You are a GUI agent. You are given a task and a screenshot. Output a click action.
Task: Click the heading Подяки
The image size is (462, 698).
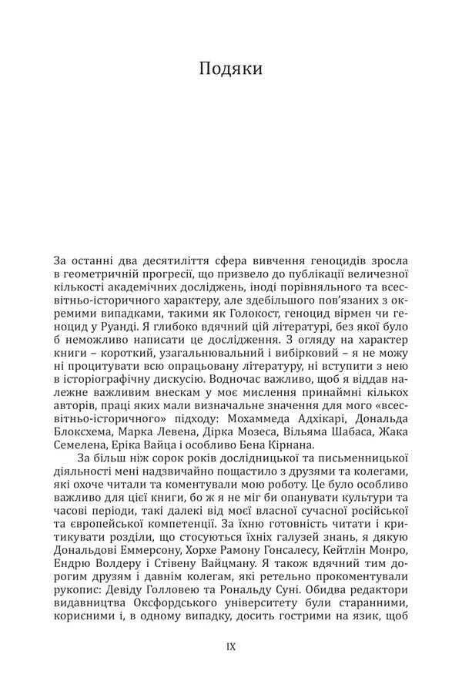click(x=231, y=69)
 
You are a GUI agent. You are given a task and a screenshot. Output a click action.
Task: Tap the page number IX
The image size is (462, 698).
click(x=231, y=646)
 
